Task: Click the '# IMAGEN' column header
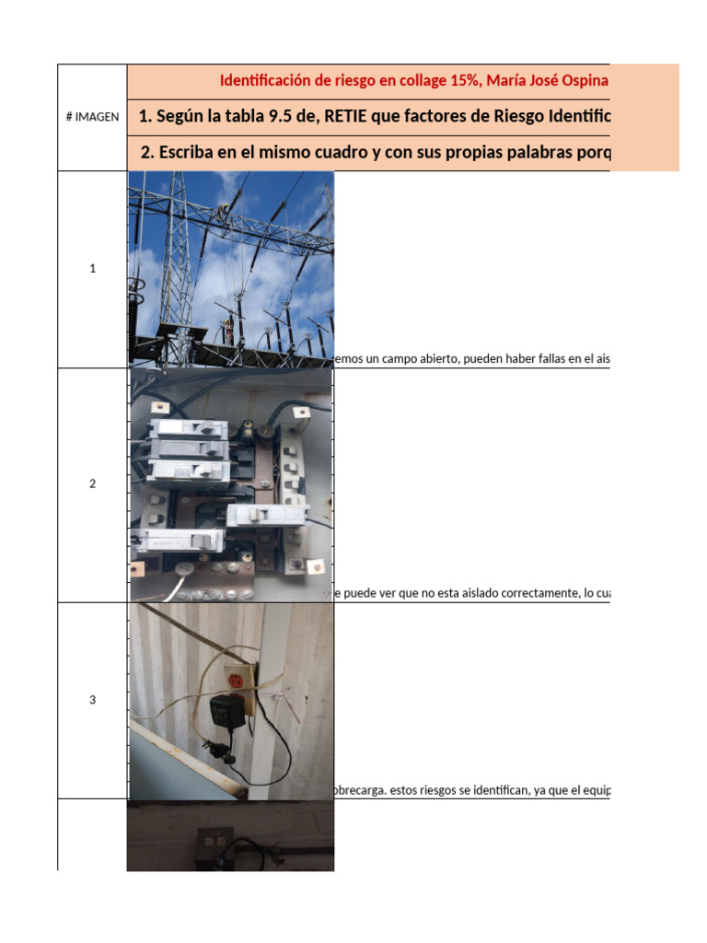click(x=92, y=117)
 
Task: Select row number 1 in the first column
click(x=92, y=269)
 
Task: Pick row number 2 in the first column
click(x=92, y=484)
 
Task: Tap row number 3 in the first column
click(x=92, y=700)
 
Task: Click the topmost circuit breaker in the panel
click(x=190, y=428)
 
